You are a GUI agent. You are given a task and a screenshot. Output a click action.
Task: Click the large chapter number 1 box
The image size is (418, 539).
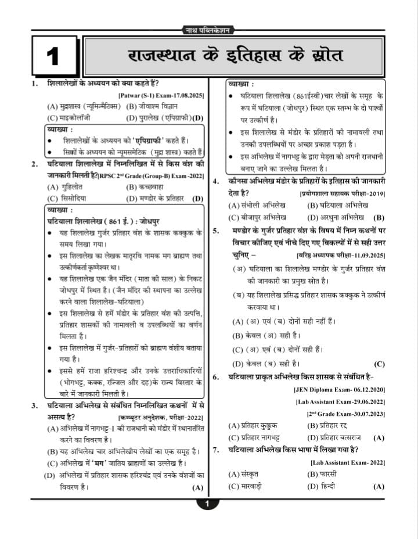click(53, 56)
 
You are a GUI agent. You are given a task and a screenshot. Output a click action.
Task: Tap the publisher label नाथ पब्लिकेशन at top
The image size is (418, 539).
click(208, 30)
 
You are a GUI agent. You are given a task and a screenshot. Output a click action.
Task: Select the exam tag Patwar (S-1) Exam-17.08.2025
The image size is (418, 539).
click(161, 95)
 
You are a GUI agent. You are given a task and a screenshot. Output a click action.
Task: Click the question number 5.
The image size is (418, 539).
click(215, 231)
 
